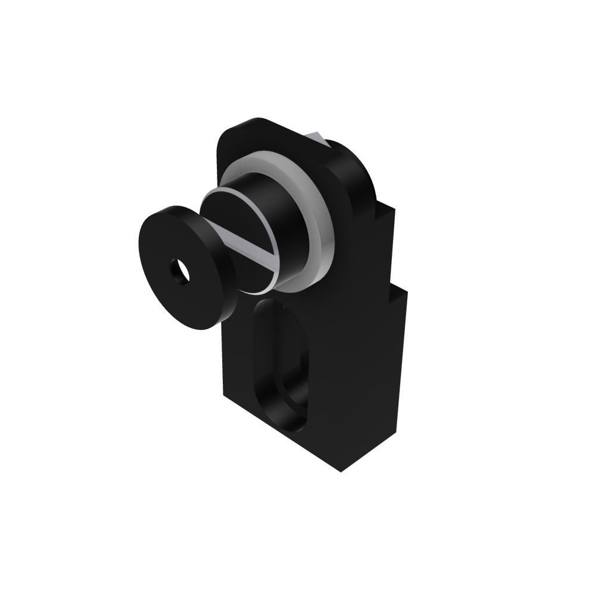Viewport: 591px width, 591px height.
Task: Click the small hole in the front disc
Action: coord(178,270)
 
